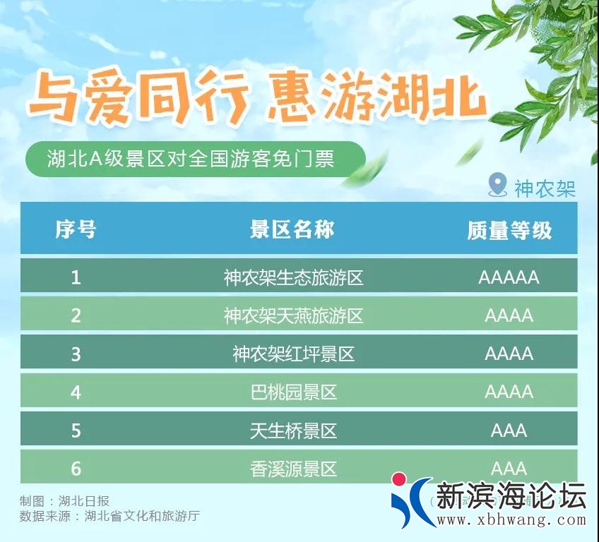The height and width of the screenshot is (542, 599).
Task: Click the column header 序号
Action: pyautogui.click(x=76, y=229)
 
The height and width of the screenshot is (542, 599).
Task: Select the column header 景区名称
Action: pyautogui.click(x=292, y=229)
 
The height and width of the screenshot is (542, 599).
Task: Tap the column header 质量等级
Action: pyautogui.click(x=509, y=230)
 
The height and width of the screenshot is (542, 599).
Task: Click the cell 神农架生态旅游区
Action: pyautogui.click(x=293, y=277)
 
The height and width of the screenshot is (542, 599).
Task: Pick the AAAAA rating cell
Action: pyautogui.click(x=509, y=277)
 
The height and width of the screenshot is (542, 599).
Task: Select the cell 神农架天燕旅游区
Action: pyautogui.click(x=293, y=315)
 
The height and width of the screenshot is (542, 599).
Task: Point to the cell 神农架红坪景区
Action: pyautogui.click(x=293, y=354)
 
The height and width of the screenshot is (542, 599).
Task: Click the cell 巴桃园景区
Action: pyautogui.click(x=293, y=392)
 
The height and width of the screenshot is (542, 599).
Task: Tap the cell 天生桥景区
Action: pyautogui.click(x=293, y=430)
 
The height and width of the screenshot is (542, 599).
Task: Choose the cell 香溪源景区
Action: pyautogui.click(x=293, y=468)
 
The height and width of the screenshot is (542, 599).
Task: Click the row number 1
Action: pyautogui.click(x=76, y=277)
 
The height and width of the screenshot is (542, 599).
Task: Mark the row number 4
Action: pyautogui.click(x=76, y=392)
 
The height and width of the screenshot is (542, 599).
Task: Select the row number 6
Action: pyautogui.click(x=76, y=468)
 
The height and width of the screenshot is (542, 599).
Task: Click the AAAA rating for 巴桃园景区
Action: pyautogui.click(x=509, y=392)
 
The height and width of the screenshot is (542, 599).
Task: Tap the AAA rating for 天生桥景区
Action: pyautogui.click(x=509, y=430)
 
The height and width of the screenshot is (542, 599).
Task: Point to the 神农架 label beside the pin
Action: pyautogui.click(x=545, y=188)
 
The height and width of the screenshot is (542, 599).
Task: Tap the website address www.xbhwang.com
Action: pyautogui.click(x=511, y=521)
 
